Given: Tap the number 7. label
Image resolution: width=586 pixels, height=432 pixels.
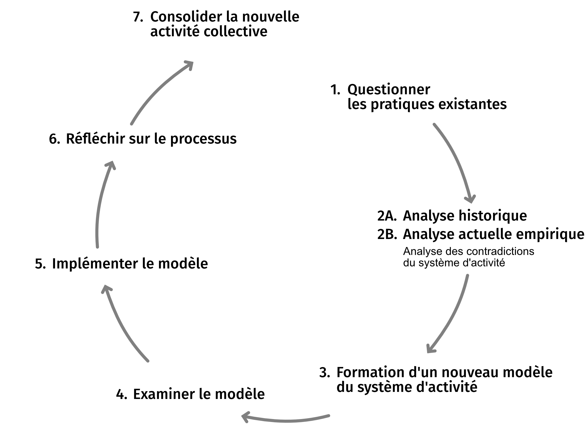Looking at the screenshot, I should click(x=138, y=17).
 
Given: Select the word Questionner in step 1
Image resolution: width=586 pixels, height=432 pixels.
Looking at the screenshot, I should click(x=389, y=90).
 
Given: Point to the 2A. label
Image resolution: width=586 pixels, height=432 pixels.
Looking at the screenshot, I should click(x=387, y=216).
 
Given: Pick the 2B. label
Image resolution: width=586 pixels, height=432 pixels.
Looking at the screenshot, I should click(x=387, y=235).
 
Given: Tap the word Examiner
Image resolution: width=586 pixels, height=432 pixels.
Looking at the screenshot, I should click(x=164, y=394).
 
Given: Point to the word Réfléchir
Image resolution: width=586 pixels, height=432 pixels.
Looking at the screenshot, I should click(x=95, y=139).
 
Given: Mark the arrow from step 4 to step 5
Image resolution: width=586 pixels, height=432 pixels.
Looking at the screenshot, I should click(x=121, y=324).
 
